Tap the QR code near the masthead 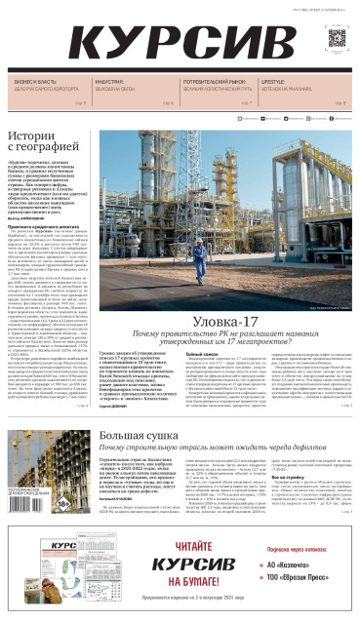point(337,38)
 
